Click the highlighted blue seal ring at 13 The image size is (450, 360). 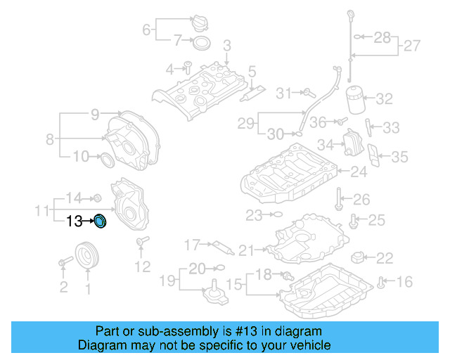[x=101, y=222]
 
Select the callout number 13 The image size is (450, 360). [x=75, y=222]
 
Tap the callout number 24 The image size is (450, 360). [x=359, y=171]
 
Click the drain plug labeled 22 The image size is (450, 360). [x=359, y=257]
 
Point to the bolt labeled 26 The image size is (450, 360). [x=340, y=200]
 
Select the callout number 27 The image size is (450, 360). [x=413, y=47]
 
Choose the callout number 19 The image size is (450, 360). [x=165, y=282]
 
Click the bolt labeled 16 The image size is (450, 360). [x=381, y=283]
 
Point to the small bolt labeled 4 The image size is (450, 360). [x=188, y=68]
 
